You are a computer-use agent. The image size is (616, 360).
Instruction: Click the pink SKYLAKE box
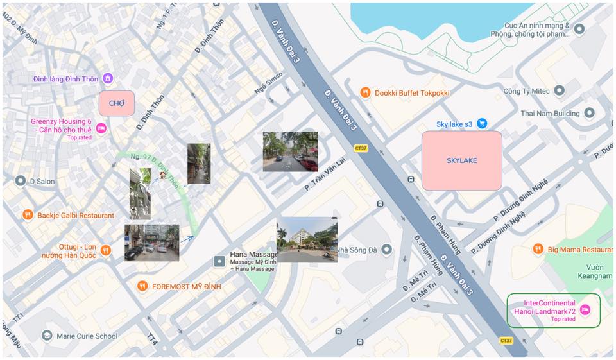[x=461, y=160]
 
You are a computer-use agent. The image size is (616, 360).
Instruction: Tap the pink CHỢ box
[x=116, y=103]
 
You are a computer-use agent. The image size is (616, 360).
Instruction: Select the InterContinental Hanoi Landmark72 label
[x=549, y=307]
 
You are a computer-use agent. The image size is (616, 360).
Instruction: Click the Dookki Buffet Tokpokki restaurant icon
[x=365, y=92]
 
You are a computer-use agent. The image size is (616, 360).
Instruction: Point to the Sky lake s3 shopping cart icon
[x=482, y=123]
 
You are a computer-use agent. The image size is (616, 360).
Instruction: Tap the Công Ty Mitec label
[x=526, y=91]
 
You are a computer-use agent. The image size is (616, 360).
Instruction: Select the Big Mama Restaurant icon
[x=538, y=249]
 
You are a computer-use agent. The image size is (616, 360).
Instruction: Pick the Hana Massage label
[x=253, y=255]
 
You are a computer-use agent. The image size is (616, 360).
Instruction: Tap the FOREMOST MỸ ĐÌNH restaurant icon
[x=142, y=286]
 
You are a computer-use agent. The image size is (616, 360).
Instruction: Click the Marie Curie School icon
[x=47, y=336]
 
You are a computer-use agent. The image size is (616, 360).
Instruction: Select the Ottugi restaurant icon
[x=105, y=250]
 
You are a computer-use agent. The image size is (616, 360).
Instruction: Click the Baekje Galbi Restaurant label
[x=76, y=216]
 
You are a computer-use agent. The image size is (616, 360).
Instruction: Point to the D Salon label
[x=42, y=182]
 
